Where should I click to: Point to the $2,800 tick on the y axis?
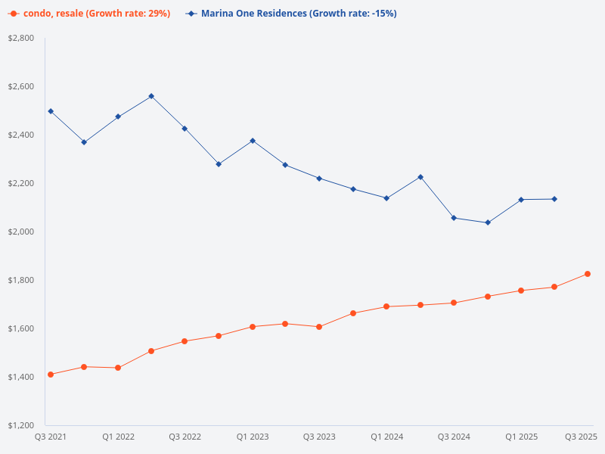[20, 38]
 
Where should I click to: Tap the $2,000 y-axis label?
[20, 232]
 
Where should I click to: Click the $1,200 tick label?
[20, 425]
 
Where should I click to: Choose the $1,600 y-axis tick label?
[20, 328]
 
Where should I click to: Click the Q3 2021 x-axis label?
[51, 437]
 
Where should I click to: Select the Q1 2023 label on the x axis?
[253, 437]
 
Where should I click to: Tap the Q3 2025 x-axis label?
[582, 437]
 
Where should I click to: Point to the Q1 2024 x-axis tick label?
[386, 437]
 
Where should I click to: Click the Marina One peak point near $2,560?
[151, 96]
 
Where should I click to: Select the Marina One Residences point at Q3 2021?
[51, 111]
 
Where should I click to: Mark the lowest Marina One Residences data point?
[488, 222]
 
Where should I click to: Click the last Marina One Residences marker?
[554, 199]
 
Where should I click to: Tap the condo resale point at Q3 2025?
[588, 274]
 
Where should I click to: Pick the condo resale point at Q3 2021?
[51, 375]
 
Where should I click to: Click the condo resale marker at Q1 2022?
[118, 368]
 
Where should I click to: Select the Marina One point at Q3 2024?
[454, 218]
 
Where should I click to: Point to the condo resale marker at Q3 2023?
[319, 327]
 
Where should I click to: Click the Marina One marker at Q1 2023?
[253, 141]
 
